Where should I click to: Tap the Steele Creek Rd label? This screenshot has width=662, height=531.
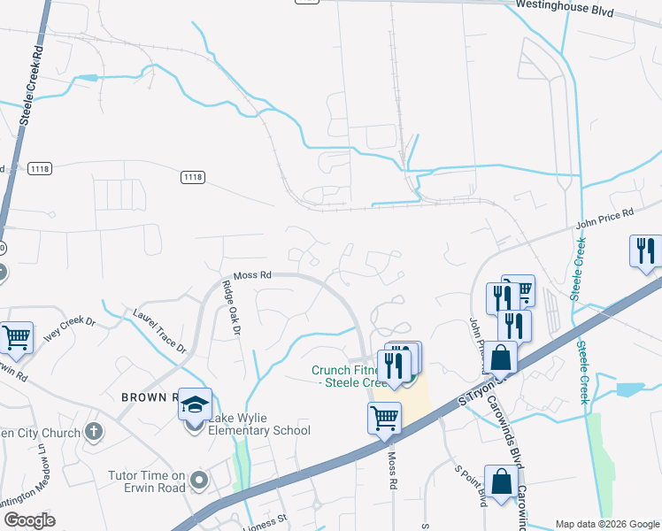(x=27, y=84)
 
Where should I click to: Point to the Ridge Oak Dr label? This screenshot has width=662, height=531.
(x=231, y=307)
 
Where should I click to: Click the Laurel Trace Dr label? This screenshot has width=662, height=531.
(x=160, y=331)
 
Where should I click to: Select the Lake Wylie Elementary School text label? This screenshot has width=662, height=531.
(x=259, y=430)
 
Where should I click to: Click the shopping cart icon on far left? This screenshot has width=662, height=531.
(x=16, y=336)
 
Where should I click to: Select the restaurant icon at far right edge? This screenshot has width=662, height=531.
(x=646, y=250)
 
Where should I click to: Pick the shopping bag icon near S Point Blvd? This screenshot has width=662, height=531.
(x=501, y=481)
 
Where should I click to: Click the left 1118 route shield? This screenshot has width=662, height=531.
(x=40, y=168)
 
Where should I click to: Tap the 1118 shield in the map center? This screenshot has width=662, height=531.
(x=192, y=177)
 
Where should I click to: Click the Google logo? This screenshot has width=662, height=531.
(x=29, y=519)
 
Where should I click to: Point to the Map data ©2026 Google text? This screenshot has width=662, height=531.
(x=606, y=524)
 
